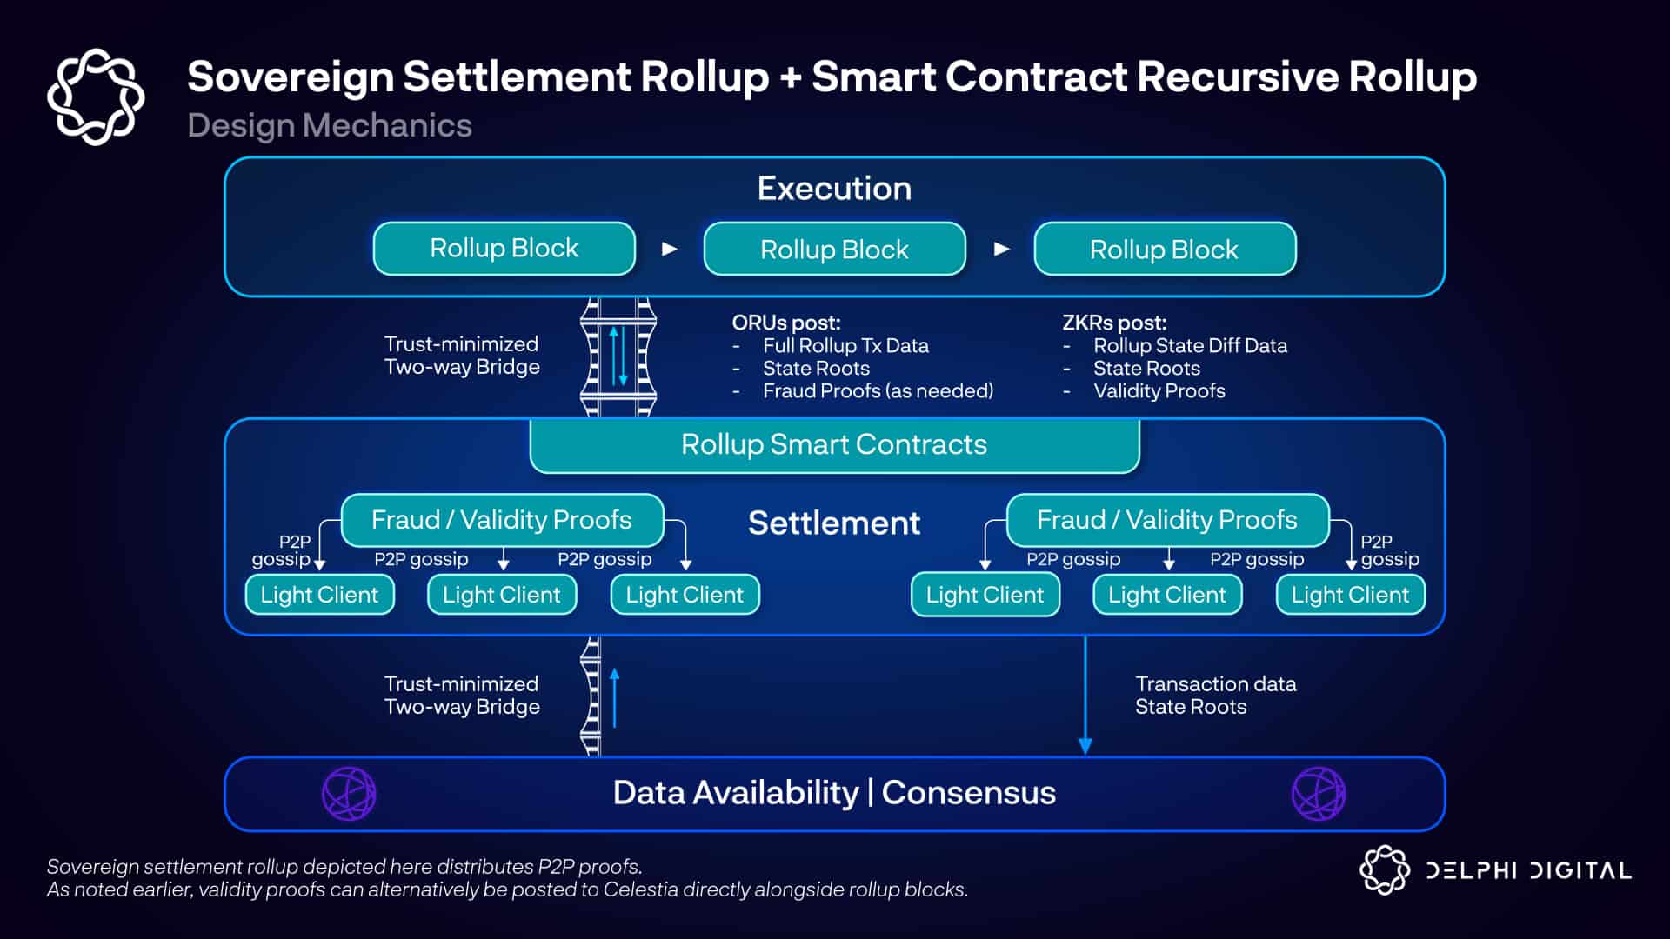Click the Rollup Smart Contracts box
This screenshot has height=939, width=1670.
[834, 445]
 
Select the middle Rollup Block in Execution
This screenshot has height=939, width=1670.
[834, 250]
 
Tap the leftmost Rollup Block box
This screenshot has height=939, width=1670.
[504, 249]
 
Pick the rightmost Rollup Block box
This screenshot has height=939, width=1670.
[1164, 250]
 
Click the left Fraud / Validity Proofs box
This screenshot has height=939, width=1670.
[502, 520]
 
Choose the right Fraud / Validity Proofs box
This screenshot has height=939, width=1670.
[1167, 520]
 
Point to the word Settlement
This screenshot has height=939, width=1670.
[834, 523]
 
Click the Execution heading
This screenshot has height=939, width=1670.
[834, 189]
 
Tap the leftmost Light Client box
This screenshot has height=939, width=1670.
[319, 595]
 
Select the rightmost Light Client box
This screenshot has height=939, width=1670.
[1350, 595]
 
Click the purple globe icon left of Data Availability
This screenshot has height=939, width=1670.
[349, 793]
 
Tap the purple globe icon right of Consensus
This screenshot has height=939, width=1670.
[1319, 793]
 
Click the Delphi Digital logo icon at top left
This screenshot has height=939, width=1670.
[96, 97]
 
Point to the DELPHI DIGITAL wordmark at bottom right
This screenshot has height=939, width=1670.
[1528, 870]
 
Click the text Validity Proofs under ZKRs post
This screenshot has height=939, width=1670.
[1159, 391]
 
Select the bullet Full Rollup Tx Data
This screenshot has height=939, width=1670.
[845, 346]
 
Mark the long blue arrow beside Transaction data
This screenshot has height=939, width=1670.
[1085, 696]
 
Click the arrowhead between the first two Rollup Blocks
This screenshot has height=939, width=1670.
[669, 250]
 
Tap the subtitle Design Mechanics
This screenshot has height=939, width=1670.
[330, 126]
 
